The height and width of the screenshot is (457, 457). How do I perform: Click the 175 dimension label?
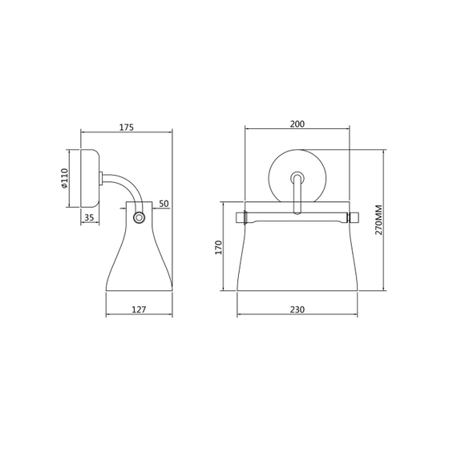(x=127, y=127)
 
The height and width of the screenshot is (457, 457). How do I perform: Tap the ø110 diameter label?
(x=64, y=178)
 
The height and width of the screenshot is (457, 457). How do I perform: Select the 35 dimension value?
(x=89, y=217)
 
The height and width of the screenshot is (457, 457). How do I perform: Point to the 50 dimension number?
(x=164, y=204)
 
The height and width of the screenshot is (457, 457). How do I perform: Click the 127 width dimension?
(x=139, y=309)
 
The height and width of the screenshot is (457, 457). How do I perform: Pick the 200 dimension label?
(x=297, y=123)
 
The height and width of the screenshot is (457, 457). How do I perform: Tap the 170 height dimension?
(x=219, y=248)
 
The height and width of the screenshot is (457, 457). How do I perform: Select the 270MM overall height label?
(x=378, y=220)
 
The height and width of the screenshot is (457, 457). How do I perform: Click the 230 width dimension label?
(x=297, y=309)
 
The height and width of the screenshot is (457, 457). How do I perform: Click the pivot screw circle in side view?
(x=139, y=218)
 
